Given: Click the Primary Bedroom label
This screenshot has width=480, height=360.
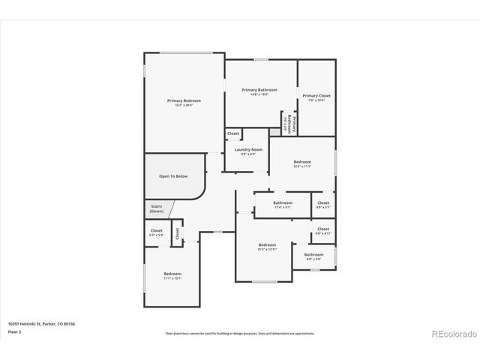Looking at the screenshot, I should click(184, 102).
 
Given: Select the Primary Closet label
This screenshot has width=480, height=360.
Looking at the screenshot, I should click(316, 97).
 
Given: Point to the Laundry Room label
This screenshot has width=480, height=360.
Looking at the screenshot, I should click(247, 151).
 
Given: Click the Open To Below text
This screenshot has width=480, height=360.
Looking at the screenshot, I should click(172, 176).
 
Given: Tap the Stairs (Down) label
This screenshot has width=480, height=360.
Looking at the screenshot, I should click(156, 209).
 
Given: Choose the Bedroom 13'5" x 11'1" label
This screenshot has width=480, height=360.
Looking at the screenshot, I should click(302, 164).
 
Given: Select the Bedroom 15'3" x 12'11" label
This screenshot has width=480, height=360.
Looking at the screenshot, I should click(268, 247).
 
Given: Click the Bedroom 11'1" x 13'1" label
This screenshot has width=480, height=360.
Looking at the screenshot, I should click(172, 276).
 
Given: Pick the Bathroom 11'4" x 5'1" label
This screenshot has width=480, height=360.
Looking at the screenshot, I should click(283, 204).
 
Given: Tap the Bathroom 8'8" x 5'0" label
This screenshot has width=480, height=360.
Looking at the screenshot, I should click(313, 256).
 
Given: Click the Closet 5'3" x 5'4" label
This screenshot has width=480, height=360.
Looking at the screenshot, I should click(156, 232).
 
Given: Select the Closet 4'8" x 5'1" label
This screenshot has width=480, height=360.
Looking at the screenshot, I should click(323, 204).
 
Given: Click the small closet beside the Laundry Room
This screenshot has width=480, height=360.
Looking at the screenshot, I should click(233, 133).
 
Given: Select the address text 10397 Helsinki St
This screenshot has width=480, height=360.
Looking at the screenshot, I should click(41, 324).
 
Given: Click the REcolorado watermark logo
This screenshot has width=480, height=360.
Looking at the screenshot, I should click(451, 333).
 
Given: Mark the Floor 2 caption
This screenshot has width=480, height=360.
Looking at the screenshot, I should click(14, 331).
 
